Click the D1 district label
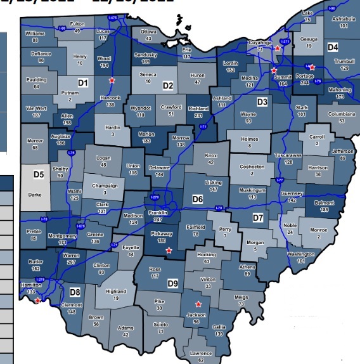click(82, 82)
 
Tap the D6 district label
click(198, 199)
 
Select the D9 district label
click(172, 283)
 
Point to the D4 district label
click(333, 48)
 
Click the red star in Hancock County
click(112, 81)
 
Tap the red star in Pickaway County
click(168, 250)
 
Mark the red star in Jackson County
click(198, 304)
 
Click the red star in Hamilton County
click(38, 301)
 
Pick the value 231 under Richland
click(197, 115)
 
